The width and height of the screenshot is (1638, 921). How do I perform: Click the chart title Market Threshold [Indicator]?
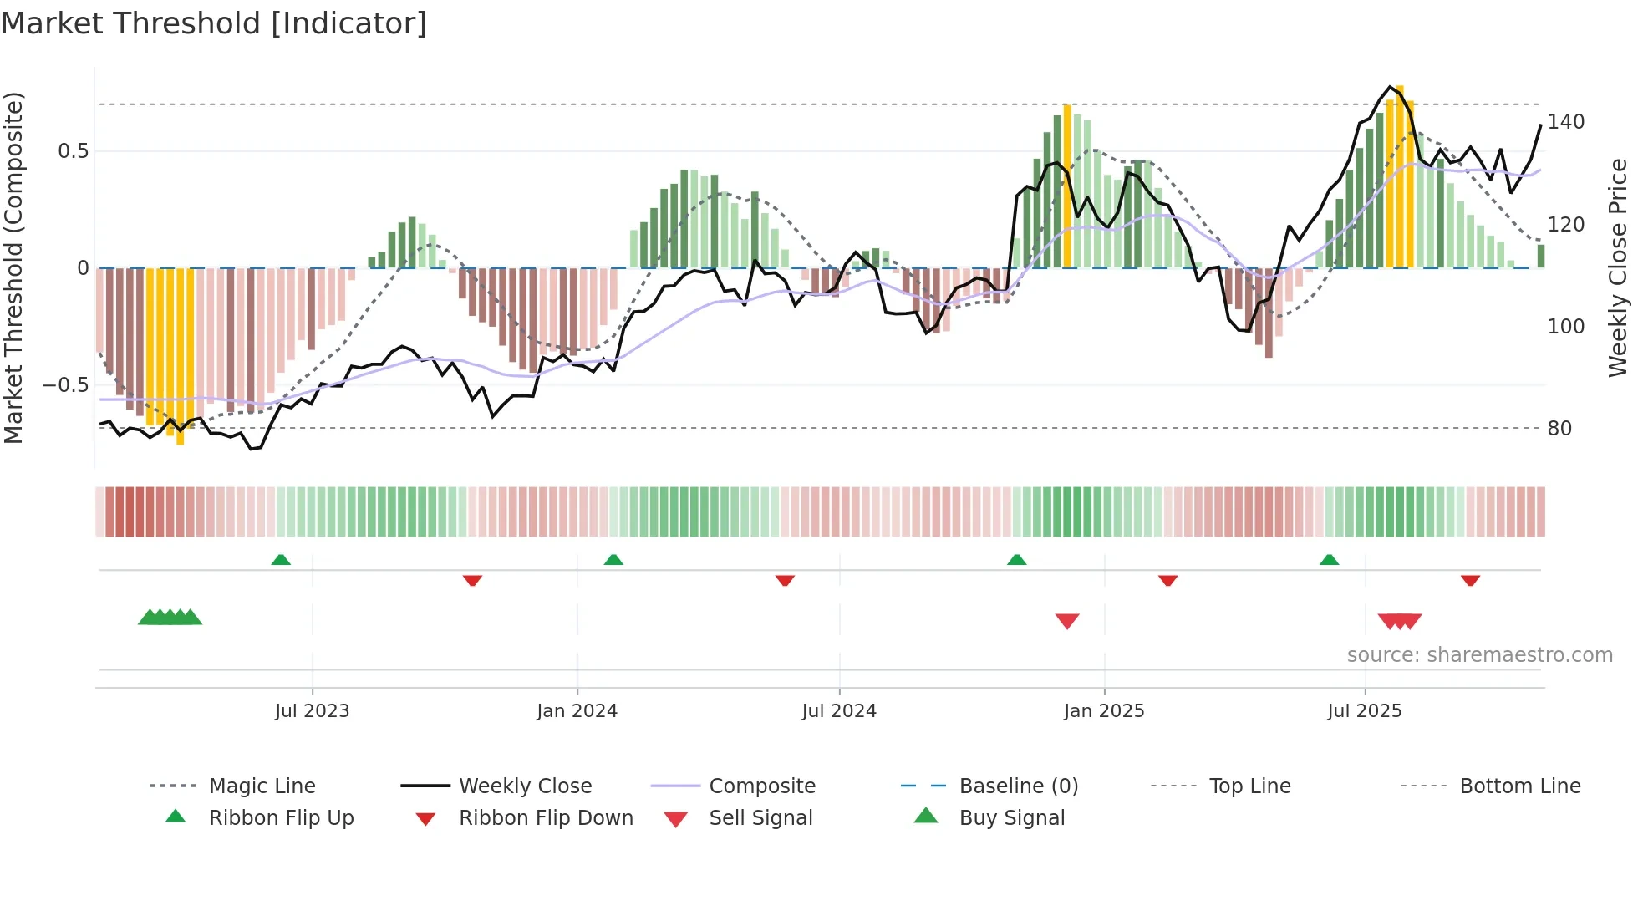214,23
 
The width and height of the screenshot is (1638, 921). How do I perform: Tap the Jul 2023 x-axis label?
312,711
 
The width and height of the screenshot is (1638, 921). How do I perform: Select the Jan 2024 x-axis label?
577,711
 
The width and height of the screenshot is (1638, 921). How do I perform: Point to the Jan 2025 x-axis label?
1103,711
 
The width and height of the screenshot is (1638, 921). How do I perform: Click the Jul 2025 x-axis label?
1364,711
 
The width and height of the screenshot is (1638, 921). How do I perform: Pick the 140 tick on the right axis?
1565,122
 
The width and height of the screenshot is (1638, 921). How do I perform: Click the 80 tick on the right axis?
1559,429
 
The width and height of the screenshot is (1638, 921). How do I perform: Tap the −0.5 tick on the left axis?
65,385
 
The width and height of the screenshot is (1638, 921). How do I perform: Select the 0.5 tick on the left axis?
73,151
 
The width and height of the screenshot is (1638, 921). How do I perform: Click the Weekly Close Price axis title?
1618,267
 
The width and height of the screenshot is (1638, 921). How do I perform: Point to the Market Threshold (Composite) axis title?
13,267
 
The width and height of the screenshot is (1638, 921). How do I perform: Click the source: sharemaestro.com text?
1479,655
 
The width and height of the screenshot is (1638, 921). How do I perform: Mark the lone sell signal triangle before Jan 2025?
1067,621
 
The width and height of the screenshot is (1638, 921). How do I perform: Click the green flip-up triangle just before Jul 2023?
281,560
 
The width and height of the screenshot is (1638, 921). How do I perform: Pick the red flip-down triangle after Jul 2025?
1470,580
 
